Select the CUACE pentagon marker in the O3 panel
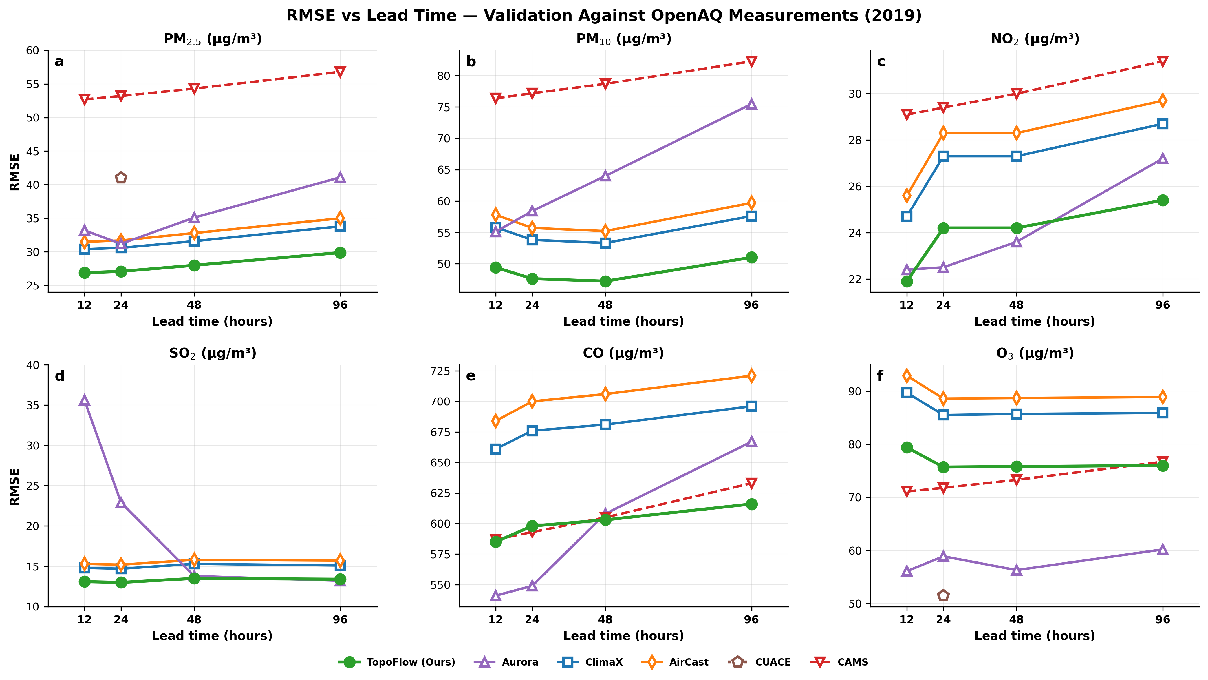[x=943, y=595]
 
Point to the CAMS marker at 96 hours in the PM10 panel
[x=751, y=61]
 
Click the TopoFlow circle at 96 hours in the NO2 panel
[x=1163, y=200]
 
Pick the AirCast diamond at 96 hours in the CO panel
[x=751, y=375]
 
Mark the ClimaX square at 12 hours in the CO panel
[x=496, y=449]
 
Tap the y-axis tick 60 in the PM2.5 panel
[x=32, y=51]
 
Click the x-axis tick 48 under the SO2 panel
[x=194, y=619]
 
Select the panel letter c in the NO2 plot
[x=881, y=62]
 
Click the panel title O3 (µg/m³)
[x=1035, y=353]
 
